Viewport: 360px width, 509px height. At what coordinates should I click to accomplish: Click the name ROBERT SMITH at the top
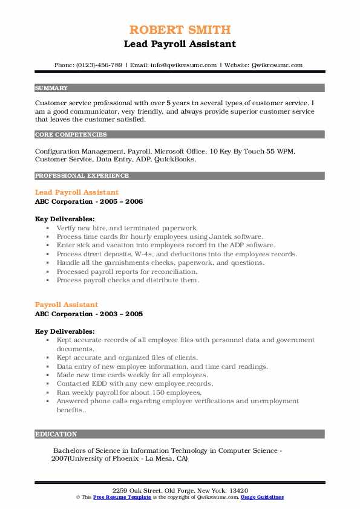pyautogui.click(x=180, y=30)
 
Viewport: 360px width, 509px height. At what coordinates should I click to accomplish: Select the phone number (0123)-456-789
pyautogui.click(x=102, y=65)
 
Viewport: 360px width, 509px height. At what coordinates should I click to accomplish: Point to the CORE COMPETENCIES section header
pyautogui.click(x=71, y=135)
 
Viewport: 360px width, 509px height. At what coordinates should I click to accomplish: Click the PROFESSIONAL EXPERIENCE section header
pyautogui.click(x=82, y=176)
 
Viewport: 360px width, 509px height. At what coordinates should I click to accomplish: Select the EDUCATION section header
pyautogui.click(x=56, y=434)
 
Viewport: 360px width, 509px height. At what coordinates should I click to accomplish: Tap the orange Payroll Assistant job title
pyautogui.click(x=67, y=305)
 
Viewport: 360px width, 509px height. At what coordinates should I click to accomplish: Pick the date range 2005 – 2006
pyautogui.click(x=123, y=201)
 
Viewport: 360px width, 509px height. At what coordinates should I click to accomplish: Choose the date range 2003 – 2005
pyautogui.click(x=123, y=314)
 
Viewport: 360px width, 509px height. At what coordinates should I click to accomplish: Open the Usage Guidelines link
pyautogui.click(x=262, y=497)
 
